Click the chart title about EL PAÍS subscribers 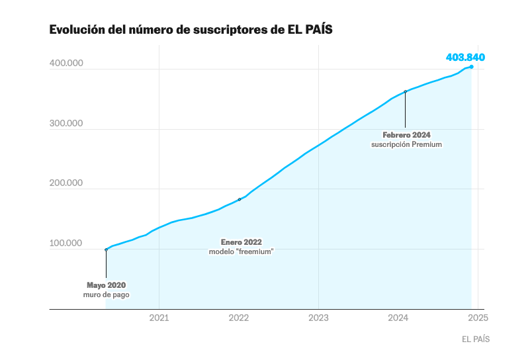(x=191, y=30)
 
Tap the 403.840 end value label (x=465, y=57)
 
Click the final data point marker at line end (x=471, y=67)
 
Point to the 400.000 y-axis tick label (x=66, y=64)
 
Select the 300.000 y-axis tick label (x=66, y=124)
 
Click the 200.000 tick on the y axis (x=66, y=183)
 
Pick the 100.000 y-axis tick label (x=66, y=244)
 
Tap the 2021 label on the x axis (x=159, y=318)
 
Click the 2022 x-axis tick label (x=239, y=318)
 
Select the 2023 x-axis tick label (x=319, y=318)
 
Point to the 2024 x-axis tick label (x=398, y=318)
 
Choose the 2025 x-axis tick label (x=478, y=318)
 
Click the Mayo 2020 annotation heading (x=106, y=285)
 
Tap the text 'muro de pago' (x=106, y=294)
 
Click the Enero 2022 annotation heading (x=241, y=242)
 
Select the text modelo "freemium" (x=241, y=251)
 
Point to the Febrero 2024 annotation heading (x=406, y=135)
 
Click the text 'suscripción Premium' (x=406, y=144)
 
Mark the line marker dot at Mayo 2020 (x=106, y=249)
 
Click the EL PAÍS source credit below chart (x=476, y=339)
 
